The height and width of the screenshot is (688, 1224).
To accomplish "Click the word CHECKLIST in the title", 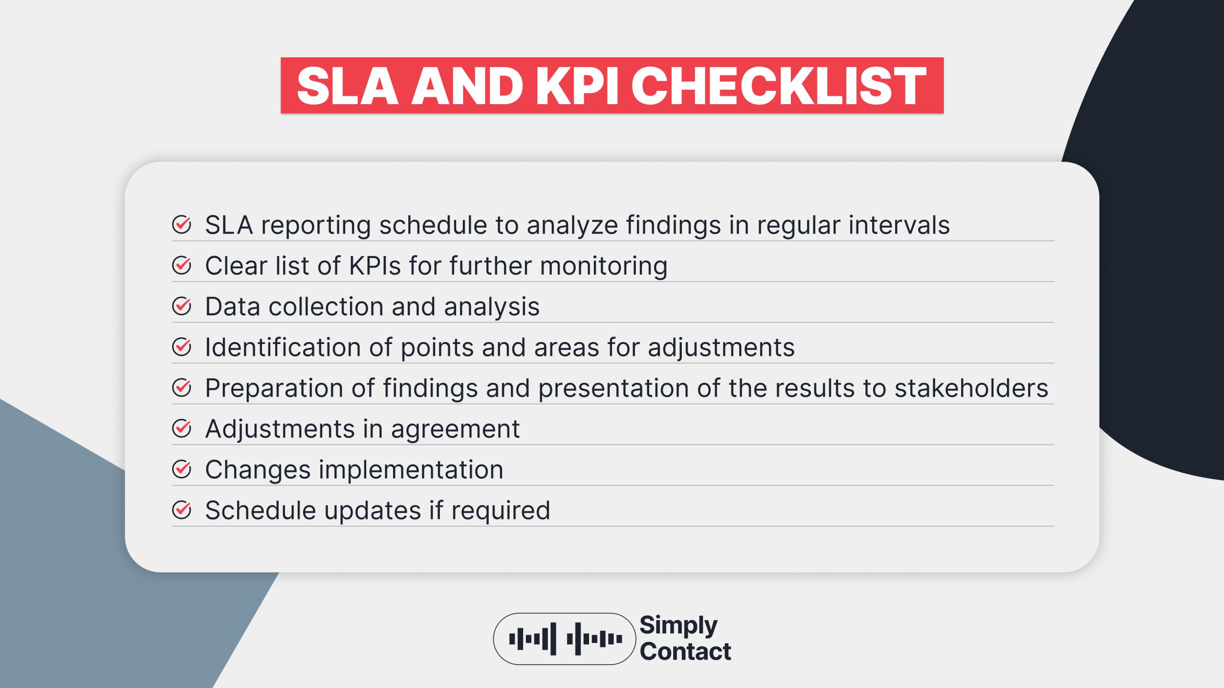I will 778,86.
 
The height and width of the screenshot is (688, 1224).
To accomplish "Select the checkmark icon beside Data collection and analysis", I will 182,306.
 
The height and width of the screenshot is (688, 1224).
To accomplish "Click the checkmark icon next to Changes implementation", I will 182,469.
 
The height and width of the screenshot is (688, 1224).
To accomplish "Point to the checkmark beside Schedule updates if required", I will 182,510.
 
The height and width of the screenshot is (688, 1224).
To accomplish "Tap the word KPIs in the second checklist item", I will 375,266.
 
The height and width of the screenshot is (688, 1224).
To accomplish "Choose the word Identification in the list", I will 282,347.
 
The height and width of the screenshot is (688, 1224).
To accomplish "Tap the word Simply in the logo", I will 678,625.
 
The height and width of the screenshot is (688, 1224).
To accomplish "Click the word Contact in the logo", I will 685,651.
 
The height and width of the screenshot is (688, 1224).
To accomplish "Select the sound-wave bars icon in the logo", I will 565,639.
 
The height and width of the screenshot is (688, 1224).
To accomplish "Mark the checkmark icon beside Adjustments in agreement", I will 182,429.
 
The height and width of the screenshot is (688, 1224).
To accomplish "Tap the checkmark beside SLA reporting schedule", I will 182,225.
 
